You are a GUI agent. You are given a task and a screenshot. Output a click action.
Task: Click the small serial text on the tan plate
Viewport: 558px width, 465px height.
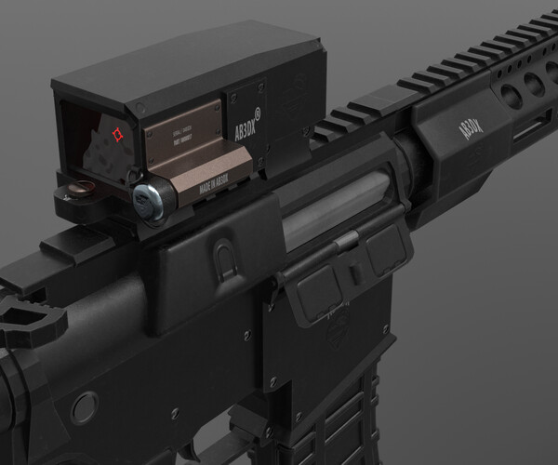click(x=180, y=144)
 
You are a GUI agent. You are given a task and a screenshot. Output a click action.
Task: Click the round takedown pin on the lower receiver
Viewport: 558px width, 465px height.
click(x=85, y=405)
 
